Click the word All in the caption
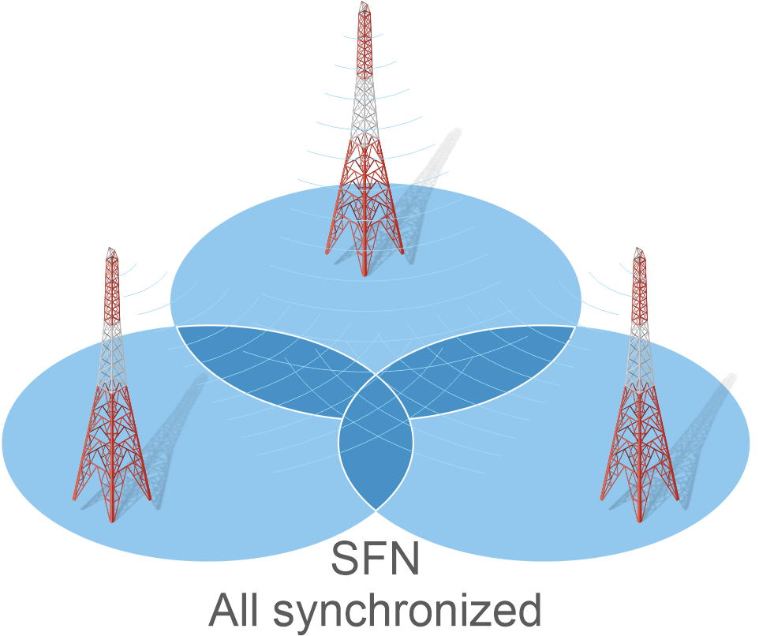pyautogui.click(x=236, y=610)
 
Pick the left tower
pyautogui.click(x=112, y=395)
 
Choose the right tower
pyautogui.click(x=639, y=395)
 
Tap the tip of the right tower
pyautogui.click(x=639, y=251)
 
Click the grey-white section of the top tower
pyautogui.click(x=364, y=107)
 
